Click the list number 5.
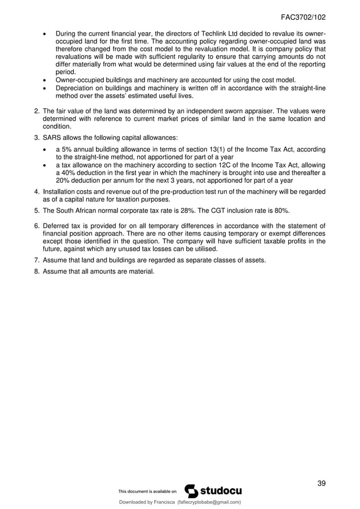pos(37,211)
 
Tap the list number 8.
pos(37,271)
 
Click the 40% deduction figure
pos(68,173)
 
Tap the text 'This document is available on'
pos(147,492)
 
